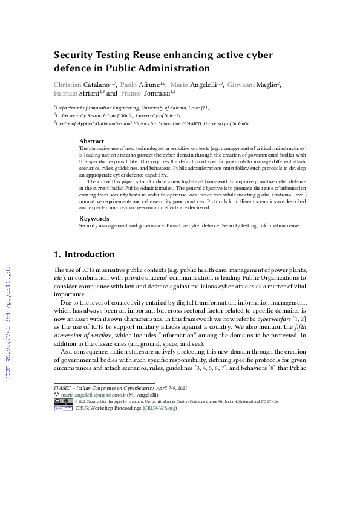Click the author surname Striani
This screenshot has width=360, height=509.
(90, 93)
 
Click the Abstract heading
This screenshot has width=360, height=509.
(91, 141)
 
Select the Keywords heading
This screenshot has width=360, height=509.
(93, 218)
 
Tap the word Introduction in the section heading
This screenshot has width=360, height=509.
(90, 254)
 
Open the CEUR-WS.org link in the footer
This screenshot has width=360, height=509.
(159, 408)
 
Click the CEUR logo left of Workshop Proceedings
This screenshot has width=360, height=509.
(63, 408)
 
